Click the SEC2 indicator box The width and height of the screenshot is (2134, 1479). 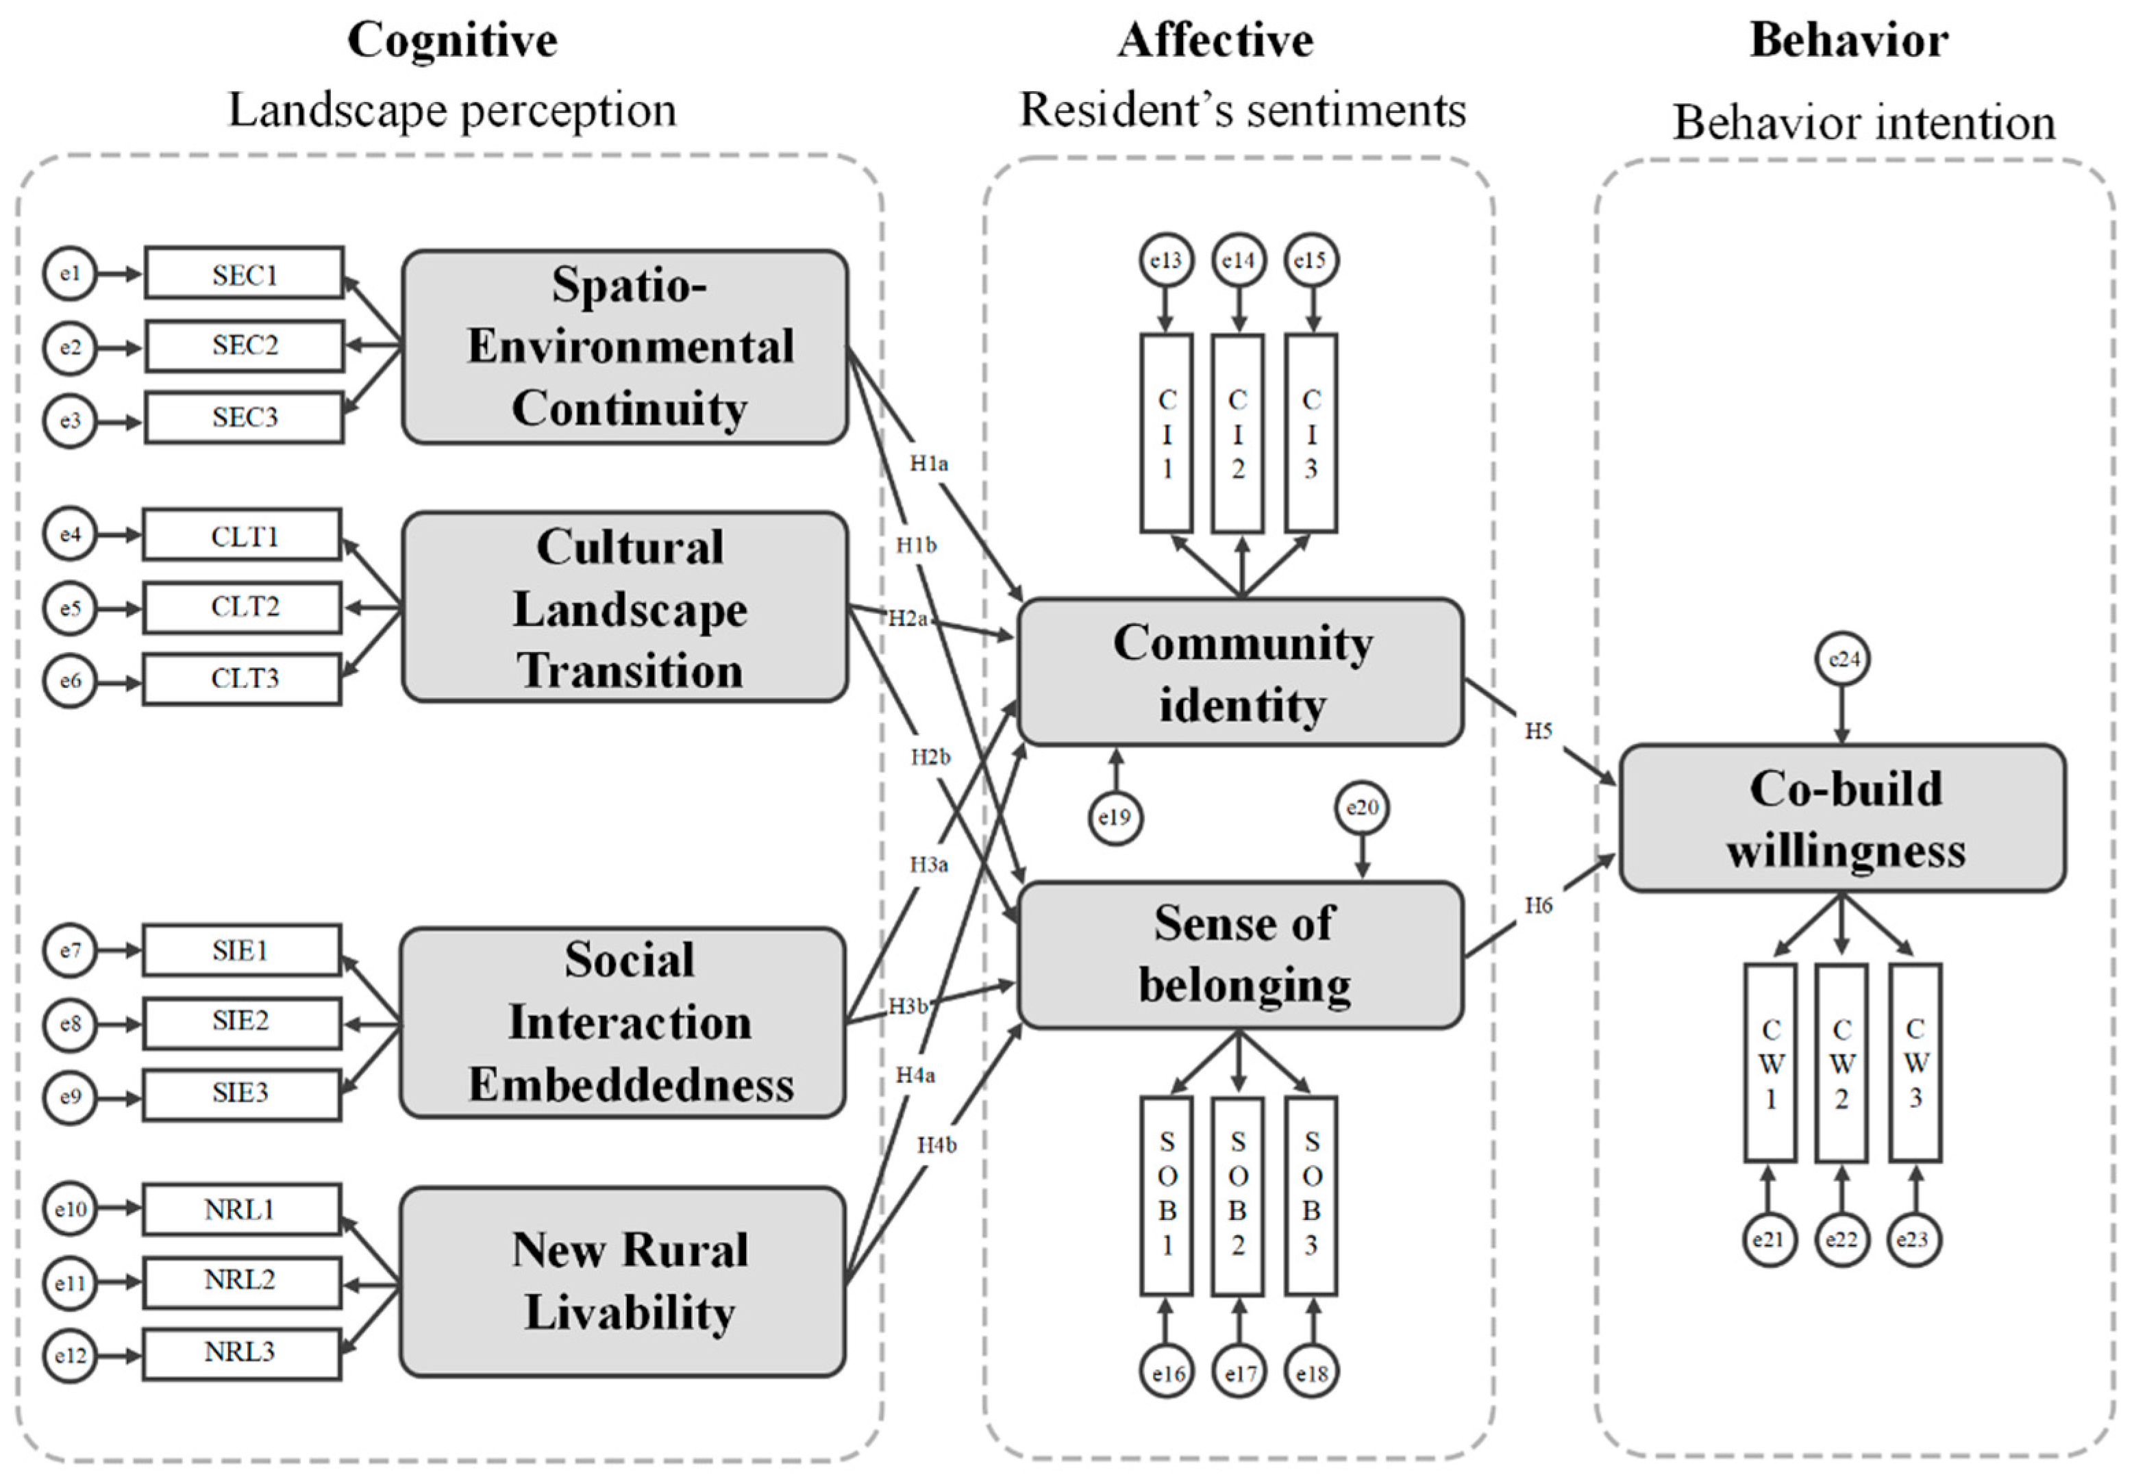pyautogui.click(x=244, y=346)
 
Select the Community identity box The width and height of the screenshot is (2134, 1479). pyautogui.click(x=1241, y=673)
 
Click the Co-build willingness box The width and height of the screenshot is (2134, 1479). pyautogui.click(x=1842, y=818)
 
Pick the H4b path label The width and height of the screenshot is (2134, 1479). pyautogui.click(x=936, y=1145)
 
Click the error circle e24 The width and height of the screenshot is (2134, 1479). pyautogui.click(x=1843, y=659)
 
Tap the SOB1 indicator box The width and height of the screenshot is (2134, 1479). pyautogui.click(x=1167, y=1195)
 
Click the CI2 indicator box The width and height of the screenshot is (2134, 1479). pyautogui.click(x=1238, y=434)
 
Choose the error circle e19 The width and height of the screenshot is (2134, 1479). pyautogui.click(x=1115, y=817)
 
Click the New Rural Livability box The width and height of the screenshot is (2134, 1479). pyautogui.click(x=623, y=1282)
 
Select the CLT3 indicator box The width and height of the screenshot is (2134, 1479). pyautogui.click(x=243, y=680)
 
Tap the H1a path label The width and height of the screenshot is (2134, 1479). pyautogui.click(x=928, y=463)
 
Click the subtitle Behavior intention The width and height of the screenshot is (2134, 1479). pyautogui.click(x=1863, y=123)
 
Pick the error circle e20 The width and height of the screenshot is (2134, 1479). pyautogui.click(x=1362, y=808)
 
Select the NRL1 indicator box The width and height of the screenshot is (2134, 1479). pyautogui.click(x=241, y=1209)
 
